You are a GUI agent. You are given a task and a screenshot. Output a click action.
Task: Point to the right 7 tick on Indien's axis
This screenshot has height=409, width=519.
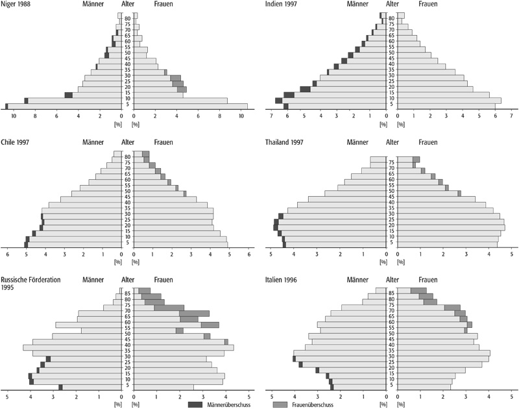[511, 116]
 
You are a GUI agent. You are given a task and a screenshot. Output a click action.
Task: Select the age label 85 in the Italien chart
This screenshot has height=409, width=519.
[392, 293]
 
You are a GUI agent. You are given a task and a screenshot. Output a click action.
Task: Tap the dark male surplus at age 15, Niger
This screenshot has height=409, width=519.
[69, 95]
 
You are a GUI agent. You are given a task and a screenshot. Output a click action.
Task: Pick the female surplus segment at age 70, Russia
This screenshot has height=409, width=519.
[195, 314]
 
